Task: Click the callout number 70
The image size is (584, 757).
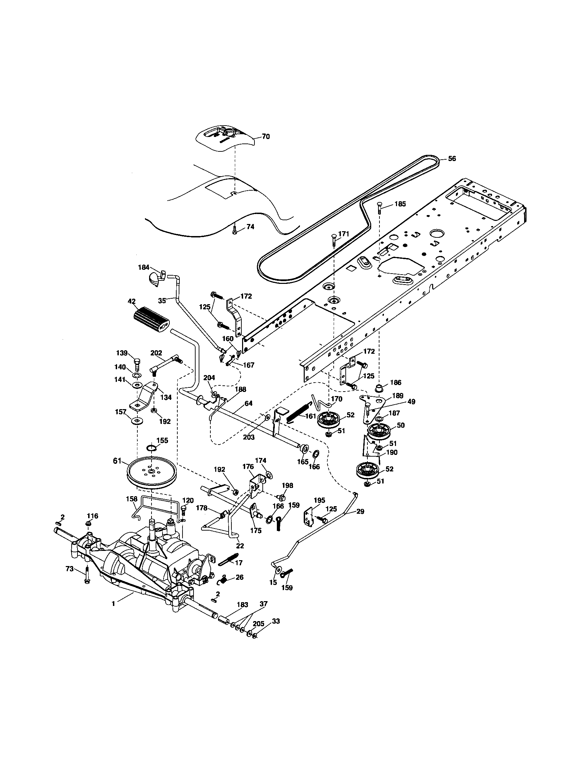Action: pyautogui.click(x=265, y=137)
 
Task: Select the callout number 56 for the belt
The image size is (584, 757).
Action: pyautogui.click(x=452, y=159)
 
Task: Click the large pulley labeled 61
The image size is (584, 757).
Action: pyautogui.click(x=152, y=472)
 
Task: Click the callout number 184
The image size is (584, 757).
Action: pyautogui.click(x=143, y=267)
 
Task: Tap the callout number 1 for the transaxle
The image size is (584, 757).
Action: pyautogui.click(x=113, y=604)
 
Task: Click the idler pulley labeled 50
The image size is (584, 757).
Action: pyautogui.click(x=379, y=432)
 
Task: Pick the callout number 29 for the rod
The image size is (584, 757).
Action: pyautogui.click(x=360, y=511)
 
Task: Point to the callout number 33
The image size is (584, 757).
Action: pyautogui.click(x=276, y=621)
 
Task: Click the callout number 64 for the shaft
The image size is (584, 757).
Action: pyautogui.click(x=248, y=403)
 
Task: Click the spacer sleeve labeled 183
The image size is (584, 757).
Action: pyautogui.click(x=223, y=619)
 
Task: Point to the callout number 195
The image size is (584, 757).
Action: pyautogui.click(x=320, y=500)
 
